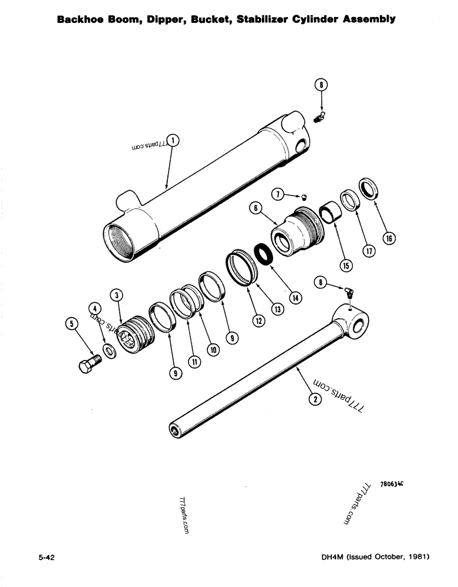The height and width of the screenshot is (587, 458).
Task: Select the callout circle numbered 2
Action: (x=315, y=400)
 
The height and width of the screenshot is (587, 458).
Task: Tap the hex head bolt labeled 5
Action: (x=89, y=365)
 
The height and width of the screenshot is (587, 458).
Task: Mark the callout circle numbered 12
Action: (x=257, y=320)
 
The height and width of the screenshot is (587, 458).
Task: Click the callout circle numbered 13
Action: (x=277, y=308)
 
